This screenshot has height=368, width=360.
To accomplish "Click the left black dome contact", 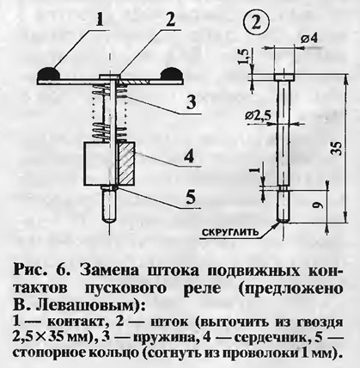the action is coord(48,73).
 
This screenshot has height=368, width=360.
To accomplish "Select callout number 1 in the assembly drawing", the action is coord(99,19).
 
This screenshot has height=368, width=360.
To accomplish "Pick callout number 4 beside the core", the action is coord(189,157).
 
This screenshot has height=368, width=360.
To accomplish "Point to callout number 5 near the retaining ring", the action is coord(190,197).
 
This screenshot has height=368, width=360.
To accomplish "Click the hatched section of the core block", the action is coord(126,163).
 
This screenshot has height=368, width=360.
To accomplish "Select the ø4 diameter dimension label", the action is coord(308,39).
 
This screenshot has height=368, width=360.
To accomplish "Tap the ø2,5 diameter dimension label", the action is coord(258,115).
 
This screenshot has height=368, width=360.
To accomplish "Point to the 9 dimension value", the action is coord(320,205).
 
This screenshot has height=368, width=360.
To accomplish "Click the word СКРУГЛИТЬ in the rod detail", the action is coord(230,231).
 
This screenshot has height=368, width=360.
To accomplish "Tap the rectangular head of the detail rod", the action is coord(284,77).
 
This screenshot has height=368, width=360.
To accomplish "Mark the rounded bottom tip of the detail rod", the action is coord(284,222).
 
